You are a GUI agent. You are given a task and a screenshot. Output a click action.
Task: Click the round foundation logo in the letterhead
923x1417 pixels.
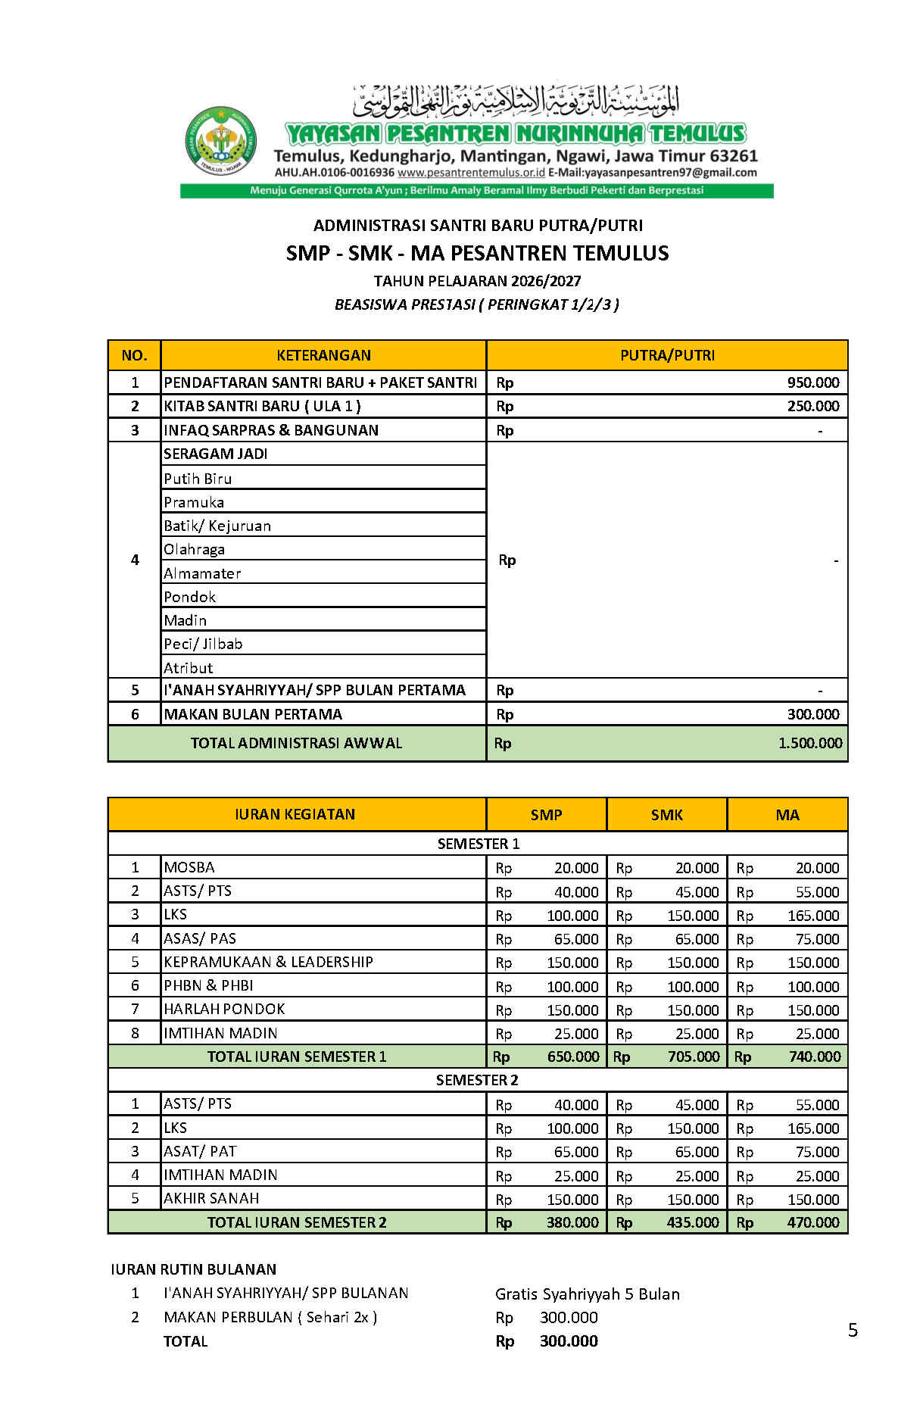click(x=221, y=142)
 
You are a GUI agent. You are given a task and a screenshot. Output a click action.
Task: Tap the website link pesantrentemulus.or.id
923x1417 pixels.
click(x=471, y=173)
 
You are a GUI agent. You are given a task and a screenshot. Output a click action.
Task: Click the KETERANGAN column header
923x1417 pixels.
click(x=323, y=355)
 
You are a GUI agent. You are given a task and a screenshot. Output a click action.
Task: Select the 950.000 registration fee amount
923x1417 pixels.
click(x=812, y=382)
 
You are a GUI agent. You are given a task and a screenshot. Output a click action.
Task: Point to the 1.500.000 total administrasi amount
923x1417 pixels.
click(x=809, y=743)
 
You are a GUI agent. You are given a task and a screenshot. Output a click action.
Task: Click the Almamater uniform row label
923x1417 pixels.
click(x=202, y=573)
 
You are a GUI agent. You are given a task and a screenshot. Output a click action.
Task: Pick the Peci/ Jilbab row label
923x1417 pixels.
click(x=203, y=644)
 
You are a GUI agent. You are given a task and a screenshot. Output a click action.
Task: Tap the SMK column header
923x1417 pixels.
click(x=666, y=815)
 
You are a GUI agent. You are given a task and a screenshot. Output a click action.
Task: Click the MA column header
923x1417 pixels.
click(x=787, y=815)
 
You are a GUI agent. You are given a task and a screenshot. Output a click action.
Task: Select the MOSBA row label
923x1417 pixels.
click(x=189, y=867)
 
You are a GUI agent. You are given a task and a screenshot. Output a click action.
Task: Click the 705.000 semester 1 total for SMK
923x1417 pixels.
click(x=693, y=1057)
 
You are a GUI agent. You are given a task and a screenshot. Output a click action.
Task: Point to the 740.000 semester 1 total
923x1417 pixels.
click(x=814, y=1057)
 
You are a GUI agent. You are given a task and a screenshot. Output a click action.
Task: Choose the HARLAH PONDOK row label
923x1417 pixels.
click(x=224, y=1009)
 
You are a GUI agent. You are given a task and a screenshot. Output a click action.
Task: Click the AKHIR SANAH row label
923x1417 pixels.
click(x=211, y=1198)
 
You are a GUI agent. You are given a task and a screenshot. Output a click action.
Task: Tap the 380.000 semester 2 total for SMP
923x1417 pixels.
click(x=572, y=1222)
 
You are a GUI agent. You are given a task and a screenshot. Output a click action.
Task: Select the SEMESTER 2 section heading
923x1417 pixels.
click(x=477, y=1080)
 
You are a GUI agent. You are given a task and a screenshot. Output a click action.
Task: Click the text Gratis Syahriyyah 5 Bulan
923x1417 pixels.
click(x=587, y=1294)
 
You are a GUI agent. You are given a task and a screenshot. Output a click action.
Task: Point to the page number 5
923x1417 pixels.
click(x=853, y=1331)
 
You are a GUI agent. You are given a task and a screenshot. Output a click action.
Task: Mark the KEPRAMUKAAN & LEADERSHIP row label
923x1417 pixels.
click(x=268, y=962)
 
